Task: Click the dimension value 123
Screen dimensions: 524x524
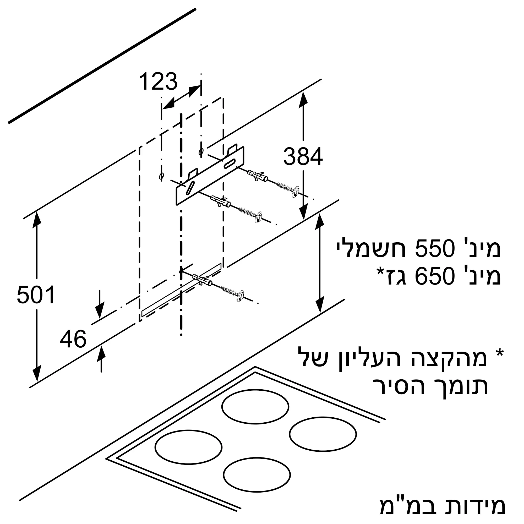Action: (x=158, y=81)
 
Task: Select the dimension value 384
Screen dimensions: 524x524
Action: (x=303, y=156)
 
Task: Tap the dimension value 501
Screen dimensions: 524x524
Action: (x=36, y=295)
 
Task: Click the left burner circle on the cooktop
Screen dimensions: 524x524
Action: (x=188, y=446)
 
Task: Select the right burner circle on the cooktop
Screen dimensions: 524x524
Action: (x=323, y=434)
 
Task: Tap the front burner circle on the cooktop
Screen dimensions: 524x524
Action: (x=257, y=474)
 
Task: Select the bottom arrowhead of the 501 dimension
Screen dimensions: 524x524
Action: (x=37, y=374)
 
